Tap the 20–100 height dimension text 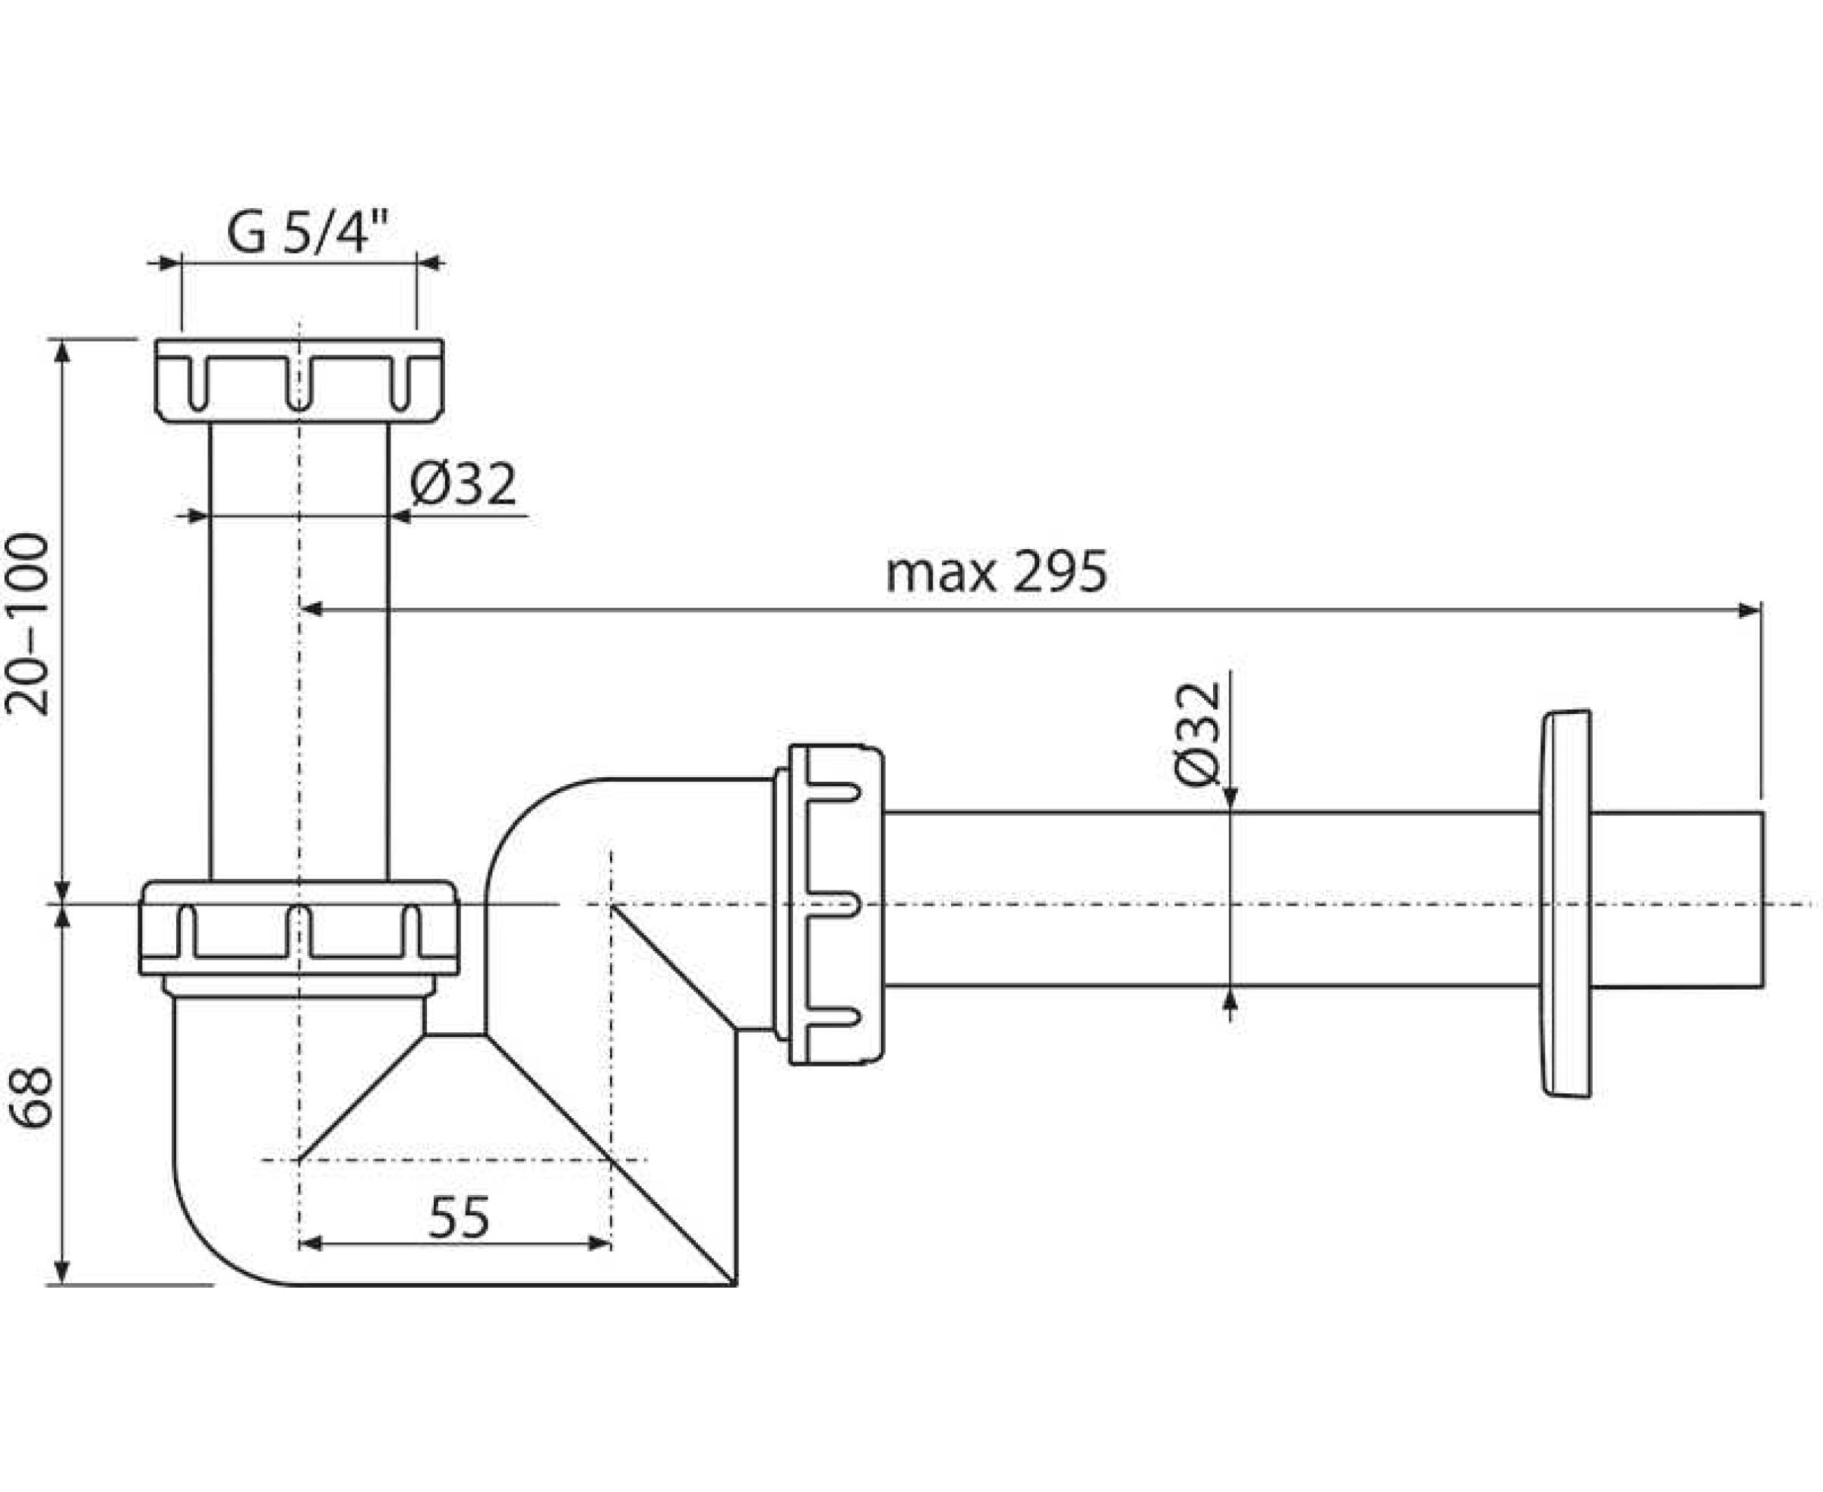coord(27,624)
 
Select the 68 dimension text coord(31,1098)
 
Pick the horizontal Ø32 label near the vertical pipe coord(463,484)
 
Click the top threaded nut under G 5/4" coord(299,380)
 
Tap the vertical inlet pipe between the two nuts coord(299,652)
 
